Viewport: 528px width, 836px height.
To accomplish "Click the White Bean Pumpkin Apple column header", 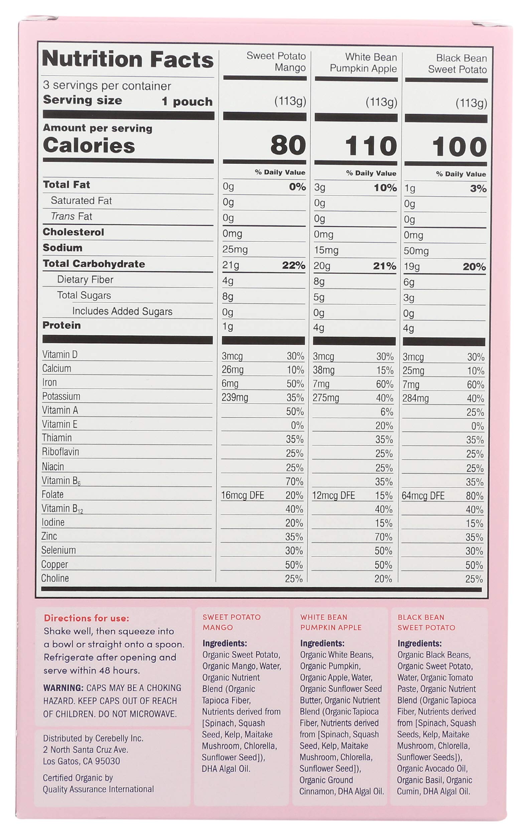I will (x=363, y=63).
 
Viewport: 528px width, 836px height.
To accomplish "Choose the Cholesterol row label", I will (x=73, y=232).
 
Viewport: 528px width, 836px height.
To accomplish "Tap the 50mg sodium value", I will (x=416, y=251).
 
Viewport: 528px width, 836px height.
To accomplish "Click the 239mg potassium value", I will (x=235, y=397).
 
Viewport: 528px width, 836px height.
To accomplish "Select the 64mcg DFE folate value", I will (x=423, y=496).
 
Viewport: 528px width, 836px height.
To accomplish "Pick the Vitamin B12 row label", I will (x=62, y=509).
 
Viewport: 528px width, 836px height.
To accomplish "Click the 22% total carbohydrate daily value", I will (x=293, y=266).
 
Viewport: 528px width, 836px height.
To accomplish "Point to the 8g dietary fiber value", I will (x=319, y=281).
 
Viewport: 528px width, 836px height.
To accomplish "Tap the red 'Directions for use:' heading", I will (x=86, y=618).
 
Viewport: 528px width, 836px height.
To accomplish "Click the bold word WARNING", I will (x=63, y=688).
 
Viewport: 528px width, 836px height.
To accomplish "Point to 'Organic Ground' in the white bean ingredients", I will (x=326, y=780).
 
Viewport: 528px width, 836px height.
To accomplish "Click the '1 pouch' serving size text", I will (x=187, y=102).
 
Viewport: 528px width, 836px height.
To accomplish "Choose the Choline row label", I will (x=55, y=578).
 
